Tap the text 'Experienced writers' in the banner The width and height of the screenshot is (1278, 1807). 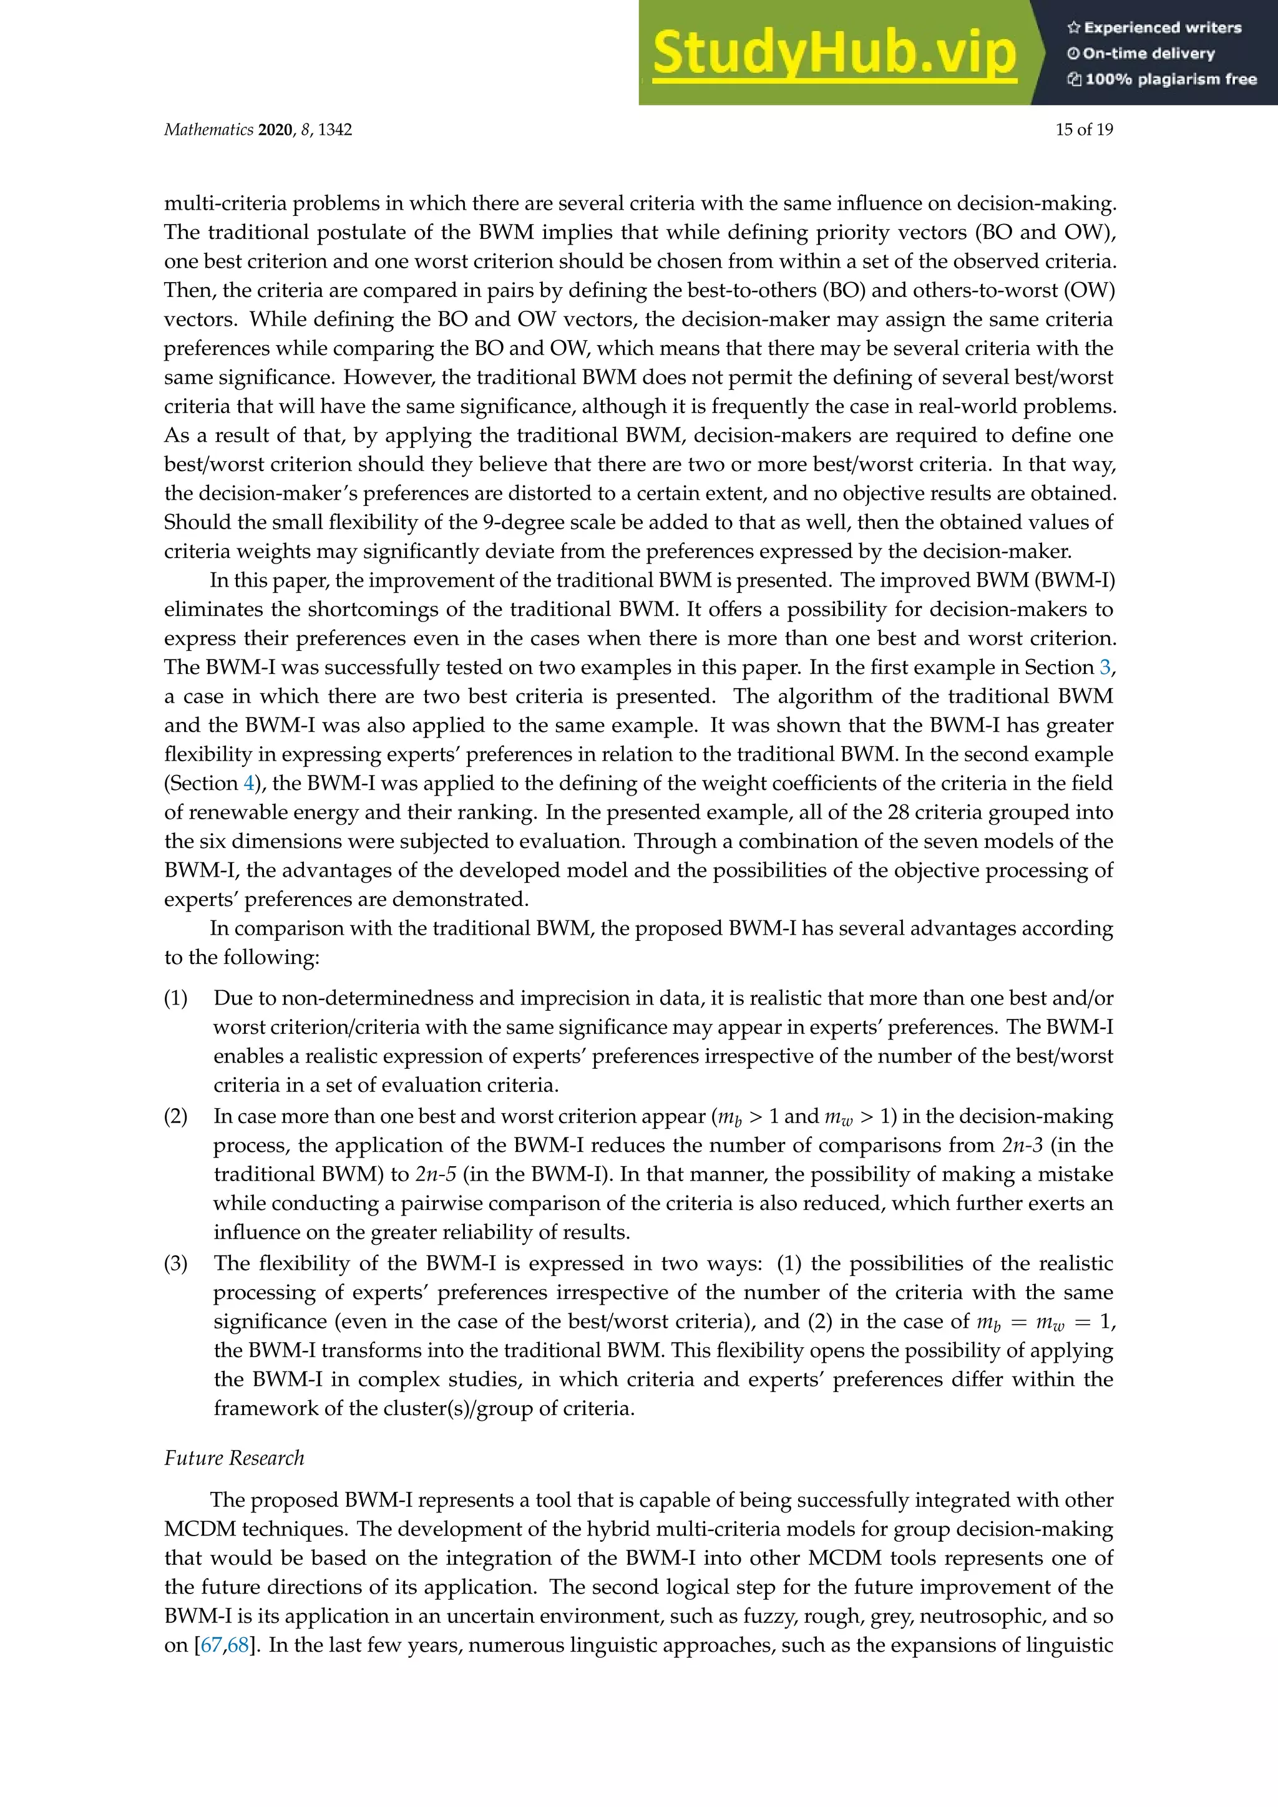pos(1163,27)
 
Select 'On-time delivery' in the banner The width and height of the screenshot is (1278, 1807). pos(1148,54)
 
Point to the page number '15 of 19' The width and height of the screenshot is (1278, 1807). pos(1084,130)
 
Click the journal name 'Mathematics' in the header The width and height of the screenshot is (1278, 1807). pos(208,130)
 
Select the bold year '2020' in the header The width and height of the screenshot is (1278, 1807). pos(275,130)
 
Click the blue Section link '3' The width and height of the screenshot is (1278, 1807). pos(1105,668)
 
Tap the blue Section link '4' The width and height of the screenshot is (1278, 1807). pos(249,783)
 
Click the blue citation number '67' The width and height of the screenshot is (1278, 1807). pos(212,1645)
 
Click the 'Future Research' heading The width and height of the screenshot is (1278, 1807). pos(234,1458)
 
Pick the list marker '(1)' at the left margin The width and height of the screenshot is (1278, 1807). pos(175,999)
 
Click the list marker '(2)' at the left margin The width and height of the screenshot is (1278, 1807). pos(175,1117)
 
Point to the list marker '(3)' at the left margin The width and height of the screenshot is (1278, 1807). pos(175,1264)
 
